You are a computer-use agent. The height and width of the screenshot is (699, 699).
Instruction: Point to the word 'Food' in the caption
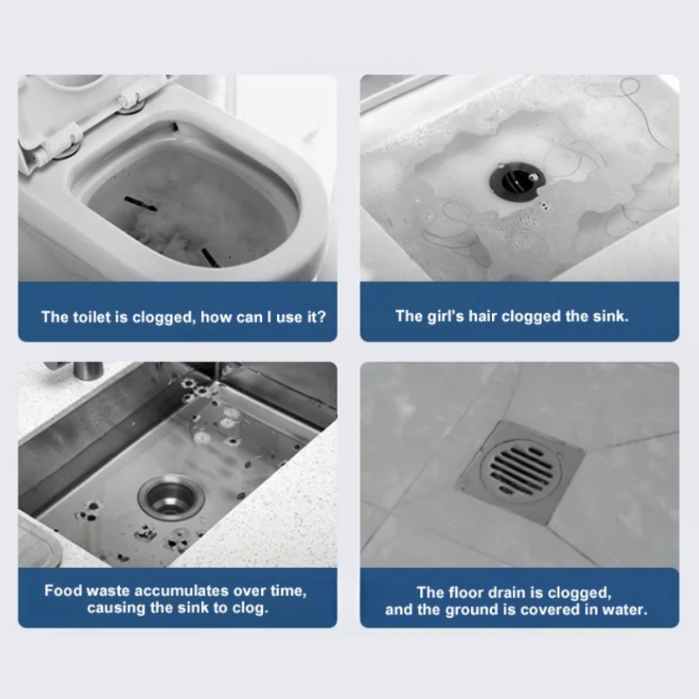pos(63,591)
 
